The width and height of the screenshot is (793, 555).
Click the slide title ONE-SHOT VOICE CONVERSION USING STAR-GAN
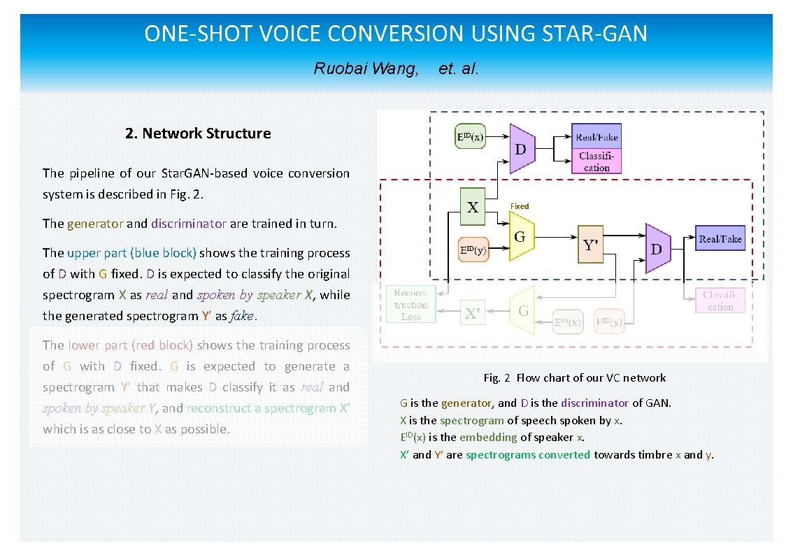tap(396, 34)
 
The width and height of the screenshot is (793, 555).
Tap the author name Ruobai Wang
tap(366, 69)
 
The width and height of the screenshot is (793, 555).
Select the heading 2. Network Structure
tap(198, 134)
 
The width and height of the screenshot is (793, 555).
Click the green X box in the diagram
tap(473, 206)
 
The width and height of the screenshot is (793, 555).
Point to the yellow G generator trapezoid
tap(521, 237)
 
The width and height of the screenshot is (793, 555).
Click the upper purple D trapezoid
tap(522, 149)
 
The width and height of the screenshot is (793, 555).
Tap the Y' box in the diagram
tap(590, 245)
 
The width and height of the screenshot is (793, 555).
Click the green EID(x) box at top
tap(469, 137)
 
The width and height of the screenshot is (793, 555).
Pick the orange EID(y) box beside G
tap(473, 250)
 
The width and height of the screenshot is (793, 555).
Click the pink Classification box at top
tap(596, 162)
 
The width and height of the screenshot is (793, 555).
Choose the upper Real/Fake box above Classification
tap(596, 137)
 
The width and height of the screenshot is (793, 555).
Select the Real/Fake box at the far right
tap(720, 239)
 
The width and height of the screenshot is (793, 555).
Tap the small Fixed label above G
tap(520, 206)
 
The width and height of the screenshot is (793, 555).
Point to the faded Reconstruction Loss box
tap(411, 305)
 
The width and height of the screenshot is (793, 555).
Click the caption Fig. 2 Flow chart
tap(574, 378)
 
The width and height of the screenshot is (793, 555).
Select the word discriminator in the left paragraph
tap(189, 224)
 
